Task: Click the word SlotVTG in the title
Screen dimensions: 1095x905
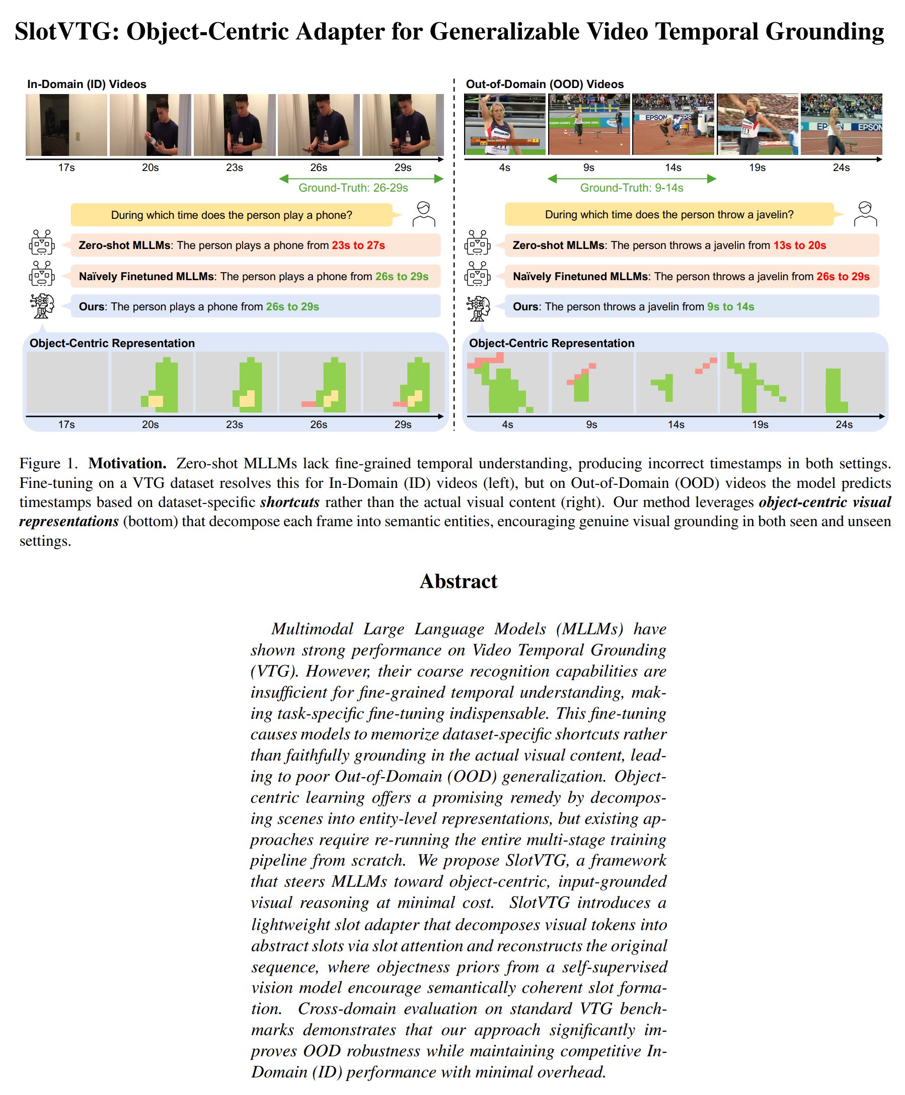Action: click(x=62, y=32)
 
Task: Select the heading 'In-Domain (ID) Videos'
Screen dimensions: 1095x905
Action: click(x=87, y=84)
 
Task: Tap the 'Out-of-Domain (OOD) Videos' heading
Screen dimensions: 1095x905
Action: click(x=544, y=84)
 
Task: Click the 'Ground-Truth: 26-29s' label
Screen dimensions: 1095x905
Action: click(x=353, y=188)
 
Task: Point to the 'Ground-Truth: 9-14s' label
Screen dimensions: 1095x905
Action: click(x=631, y=188)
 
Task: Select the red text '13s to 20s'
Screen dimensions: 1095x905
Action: click(x=799, y=245)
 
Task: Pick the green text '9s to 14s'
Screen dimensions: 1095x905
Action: click(x=730, y=306)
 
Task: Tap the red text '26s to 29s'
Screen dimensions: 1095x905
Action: click(x=843, y=276)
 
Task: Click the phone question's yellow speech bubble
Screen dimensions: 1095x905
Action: click(x=232, y=215)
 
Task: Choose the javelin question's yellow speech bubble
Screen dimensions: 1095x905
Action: click(x=669, y=215)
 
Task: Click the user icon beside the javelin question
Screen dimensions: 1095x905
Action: click(x=865, y=214)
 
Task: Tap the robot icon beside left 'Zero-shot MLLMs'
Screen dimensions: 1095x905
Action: click(x=42, y=243)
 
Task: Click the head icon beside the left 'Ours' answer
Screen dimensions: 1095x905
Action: click(x=42, y=306)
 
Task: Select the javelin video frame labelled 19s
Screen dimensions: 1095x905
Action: click(x=757, y=125)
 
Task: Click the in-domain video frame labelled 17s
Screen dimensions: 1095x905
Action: click(x=66, y=125)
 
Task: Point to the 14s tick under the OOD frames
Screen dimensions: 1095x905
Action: click(x=672, y=167)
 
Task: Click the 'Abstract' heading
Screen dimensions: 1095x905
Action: click(x=458, y=581)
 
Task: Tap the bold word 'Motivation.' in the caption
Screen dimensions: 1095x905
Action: click(x=127, y=463)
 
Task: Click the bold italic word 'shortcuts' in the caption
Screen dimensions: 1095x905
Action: click(x=289, y=501)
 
